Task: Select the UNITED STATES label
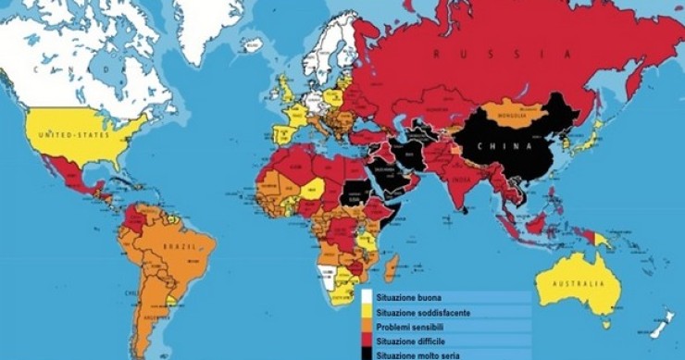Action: click(x=68, y=136)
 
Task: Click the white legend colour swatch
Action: click(x=367, y=299)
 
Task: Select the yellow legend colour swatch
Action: click(x=367, y=313)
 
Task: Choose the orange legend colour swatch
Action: click(x=367, y=327)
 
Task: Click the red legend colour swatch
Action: click(x=367, y=340)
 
